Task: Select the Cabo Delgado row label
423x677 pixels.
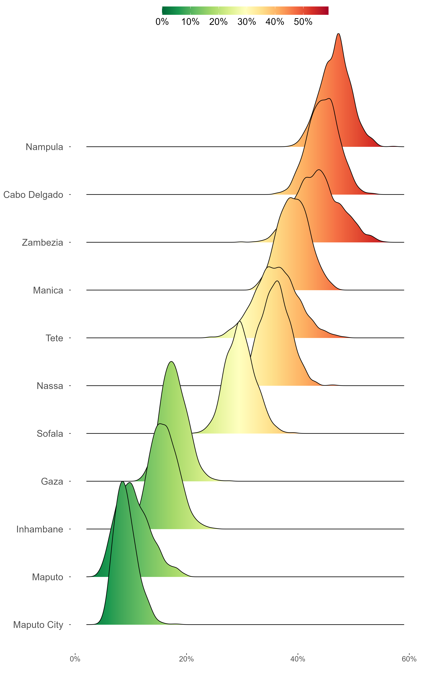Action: point(33,195)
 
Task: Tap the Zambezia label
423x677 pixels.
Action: point(43,243)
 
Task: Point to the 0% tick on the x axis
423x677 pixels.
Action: point(75,659)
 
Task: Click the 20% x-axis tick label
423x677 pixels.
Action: point(186,659)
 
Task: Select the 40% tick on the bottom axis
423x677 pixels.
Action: point(298,659)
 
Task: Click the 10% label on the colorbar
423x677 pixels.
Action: point(190,22)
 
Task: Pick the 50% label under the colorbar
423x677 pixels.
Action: point(303,22)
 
